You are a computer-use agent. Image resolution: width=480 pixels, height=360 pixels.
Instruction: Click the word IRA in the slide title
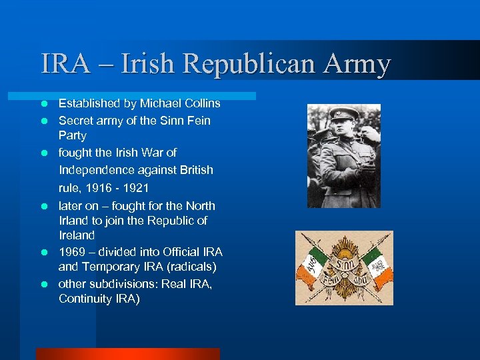pyautogui.click(x=65, y=65)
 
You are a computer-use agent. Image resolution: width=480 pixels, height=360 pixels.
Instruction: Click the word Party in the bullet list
pyautogui.click(x=73, y=135)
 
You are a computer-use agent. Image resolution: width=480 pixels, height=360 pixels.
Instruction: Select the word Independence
pyautogui.click(x=99, y=170)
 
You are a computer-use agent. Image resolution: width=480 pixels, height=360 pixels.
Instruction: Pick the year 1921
pyautogui.click(x=141, y=188)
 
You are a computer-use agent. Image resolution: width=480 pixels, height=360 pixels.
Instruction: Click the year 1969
pyautogui.click(x=72, y=252)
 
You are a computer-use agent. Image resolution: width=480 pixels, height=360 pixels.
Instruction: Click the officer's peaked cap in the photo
pyautogui.click(x=344, y=115)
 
